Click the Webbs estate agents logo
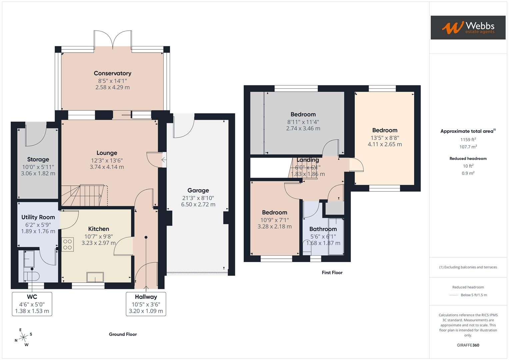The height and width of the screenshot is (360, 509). click(x=468, y=27)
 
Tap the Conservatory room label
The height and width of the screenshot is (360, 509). click(x=112, y=73)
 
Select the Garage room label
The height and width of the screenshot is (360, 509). click(x=198, y=190)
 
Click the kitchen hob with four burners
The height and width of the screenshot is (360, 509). click(x=68, y=244)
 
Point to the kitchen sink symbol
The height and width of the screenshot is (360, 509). click(x=95, y=277)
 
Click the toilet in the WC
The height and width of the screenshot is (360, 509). click(x=32, y=275)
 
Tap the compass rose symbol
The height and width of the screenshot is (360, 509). click(x=23, y=337)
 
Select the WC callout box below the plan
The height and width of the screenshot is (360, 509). click(x=32, y=304)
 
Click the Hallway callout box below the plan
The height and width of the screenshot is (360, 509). click(x=146, y=304)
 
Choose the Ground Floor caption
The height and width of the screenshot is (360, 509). click(x=123, y=334)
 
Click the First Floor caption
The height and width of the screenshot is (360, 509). click(x=332, y=273)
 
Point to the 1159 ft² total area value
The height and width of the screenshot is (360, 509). click(x=468, y=140)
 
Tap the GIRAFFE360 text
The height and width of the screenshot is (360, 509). click(x=468, y=345)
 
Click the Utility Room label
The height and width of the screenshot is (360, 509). click(x=38, y=217)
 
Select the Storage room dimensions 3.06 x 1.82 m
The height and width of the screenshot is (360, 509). click(x=38, y=173)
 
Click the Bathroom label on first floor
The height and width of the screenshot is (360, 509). click(x=323, y=229)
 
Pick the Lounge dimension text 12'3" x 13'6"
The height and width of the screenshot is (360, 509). click(x=107, y=160)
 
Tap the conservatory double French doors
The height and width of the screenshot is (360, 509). click(x=113, y=40)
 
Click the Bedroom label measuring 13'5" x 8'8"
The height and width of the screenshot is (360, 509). click(x=385, y=130)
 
